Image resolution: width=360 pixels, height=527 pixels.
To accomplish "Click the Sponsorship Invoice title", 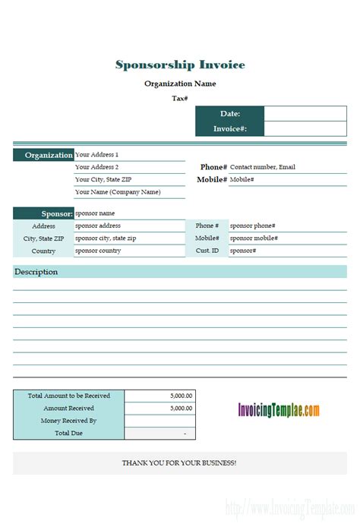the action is [x=180, y=65].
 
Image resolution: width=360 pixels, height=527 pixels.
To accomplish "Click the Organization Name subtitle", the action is [x=180, y=84].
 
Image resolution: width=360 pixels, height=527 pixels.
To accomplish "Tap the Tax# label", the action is [x=180, y=98].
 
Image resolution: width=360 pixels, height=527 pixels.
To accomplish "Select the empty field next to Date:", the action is [x=305, y=113].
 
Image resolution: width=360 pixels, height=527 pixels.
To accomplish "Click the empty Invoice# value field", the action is [x=305, y=129].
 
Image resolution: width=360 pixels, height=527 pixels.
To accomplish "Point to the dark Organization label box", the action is [x=43, y=155].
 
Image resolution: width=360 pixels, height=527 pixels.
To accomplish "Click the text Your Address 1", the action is [x=97, y=155].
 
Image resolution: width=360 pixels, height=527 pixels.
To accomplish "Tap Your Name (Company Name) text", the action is [x=118, y=192].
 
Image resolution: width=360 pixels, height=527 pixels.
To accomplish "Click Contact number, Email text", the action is [x=263, y=167].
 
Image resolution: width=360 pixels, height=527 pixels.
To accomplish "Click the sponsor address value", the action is [x=98, y=226].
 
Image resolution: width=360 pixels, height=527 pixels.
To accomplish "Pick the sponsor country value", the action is [x=98, y=251].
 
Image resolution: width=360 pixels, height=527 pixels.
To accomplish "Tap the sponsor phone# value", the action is [x=253, y=226].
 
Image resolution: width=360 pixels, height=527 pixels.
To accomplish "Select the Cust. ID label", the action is [x=207, y=251].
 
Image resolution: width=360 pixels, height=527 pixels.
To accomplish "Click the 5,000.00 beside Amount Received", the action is [x=181, y=408].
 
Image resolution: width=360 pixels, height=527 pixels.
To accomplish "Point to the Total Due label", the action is [x=68, y=433].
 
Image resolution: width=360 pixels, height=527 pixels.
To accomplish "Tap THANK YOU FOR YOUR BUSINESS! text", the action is [x=179, y=462].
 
